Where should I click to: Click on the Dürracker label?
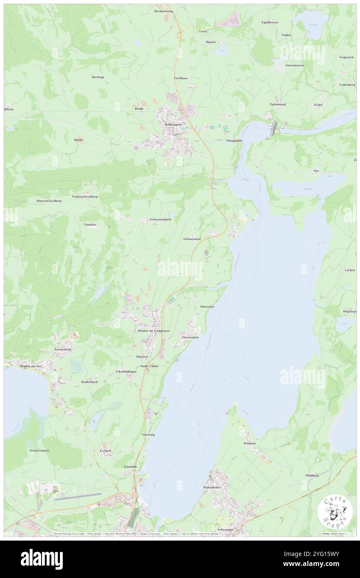click(207, 306)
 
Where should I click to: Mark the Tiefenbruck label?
click(278, 104)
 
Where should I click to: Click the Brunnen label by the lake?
click(249, 443)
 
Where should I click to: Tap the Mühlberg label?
click(312, 475)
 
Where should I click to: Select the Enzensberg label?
click(63, 350)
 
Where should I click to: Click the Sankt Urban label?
click(150, 366)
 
